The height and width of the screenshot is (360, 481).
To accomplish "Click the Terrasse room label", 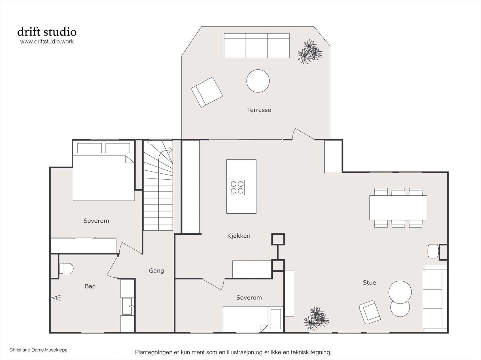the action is [x=259, y=110].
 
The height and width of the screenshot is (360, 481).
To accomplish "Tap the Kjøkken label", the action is [x=239, y=236].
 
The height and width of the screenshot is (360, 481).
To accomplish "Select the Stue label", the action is [x=369, y=283].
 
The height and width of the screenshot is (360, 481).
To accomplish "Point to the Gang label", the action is [x=156, y=271].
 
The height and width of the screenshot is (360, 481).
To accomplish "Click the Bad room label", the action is [x=90, y=286].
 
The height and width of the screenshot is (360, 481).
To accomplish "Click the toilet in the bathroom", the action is [x=66, y=268].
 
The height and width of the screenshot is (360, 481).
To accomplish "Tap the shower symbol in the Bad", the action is [x=56, y=298].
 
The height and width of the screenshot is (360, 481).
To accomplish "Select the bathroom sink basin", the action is [x=127, y=306].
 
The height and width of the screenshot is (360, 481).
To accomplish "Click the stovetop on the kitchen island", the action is [x=237, y=187].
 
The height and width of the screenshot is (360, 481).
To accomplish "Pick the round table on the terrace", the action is [x=258, y=81].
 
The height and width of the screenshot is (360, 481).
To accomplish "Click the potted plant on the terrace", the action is [x=310, y=52].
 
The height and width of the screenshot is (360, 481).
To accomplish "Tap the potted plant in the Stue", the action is [x=317, y=318].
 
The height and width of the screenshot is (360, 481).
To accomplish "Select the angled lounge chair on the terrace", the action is [x=207, y=92].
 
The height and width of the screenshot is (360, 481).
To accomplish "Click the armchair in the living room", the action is [x=370, y=312].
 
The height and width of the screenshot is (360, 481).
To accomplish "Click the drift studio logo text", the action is [x=47, y=32].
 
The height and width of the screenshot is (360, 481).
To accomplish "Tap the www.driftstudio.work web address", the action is [x=47, y=41].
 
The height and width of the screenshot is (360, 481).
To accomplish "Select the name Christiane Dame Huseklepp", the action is [x=38, y=350].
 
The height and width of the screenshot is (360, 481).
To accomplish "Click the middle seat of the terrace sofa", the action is [x=257, y=46].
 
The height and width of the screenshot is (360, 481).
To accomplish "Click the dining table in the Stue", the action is [x=398, y=208].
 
